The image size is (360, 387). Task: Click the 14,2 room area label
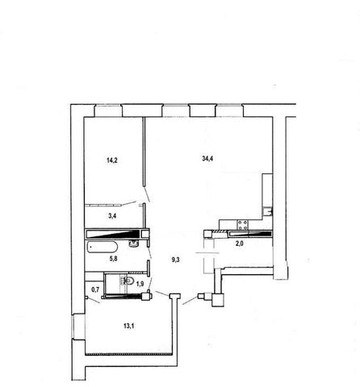point(112,160)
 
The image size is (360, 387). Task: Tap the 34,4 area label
point(207,159)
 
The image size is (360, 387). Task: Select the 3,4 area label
point(112,215)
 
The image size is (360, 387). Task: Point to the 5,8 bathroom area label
point(113,259)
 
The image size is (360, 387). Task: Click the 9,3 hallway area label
point(176,260)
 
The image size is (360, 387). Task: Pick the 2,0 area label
point(240,244)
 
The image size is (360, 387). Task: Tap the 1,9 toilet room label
point(140,283)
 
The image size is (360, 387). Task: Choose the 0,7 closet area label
point(95,289)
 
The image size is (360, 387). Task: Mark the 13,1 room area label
point(129,327)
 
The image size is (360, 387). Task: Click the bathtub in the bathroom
point(102,247)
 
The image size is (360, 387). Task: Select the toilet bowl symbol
point(128,281)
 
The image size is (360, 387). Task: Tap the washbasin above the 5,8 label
point(133,243)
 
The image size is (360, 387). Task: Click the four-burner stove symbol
point(242,225)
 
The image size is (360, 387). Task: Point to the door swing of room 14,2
point(129,203)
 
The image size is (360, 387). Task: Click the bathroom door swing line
point(149,252)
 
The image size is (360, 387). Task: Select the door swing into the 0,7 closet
point(94,300)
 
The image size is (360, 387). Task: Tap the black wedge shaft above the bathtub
point(113,234)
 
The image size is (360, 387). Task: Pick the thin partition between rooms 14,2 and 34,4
point(144,152)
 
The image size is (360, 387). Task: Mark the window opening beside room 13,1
point(78,326)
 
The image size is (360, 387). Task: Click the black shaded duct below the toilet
point(123,297)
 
